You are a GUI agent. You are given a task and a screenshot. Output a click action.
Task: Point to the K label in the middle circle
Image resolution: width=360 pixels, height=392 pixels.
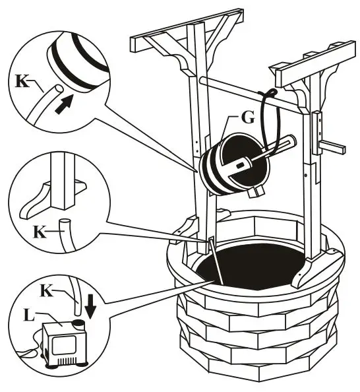coord(39,232)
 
